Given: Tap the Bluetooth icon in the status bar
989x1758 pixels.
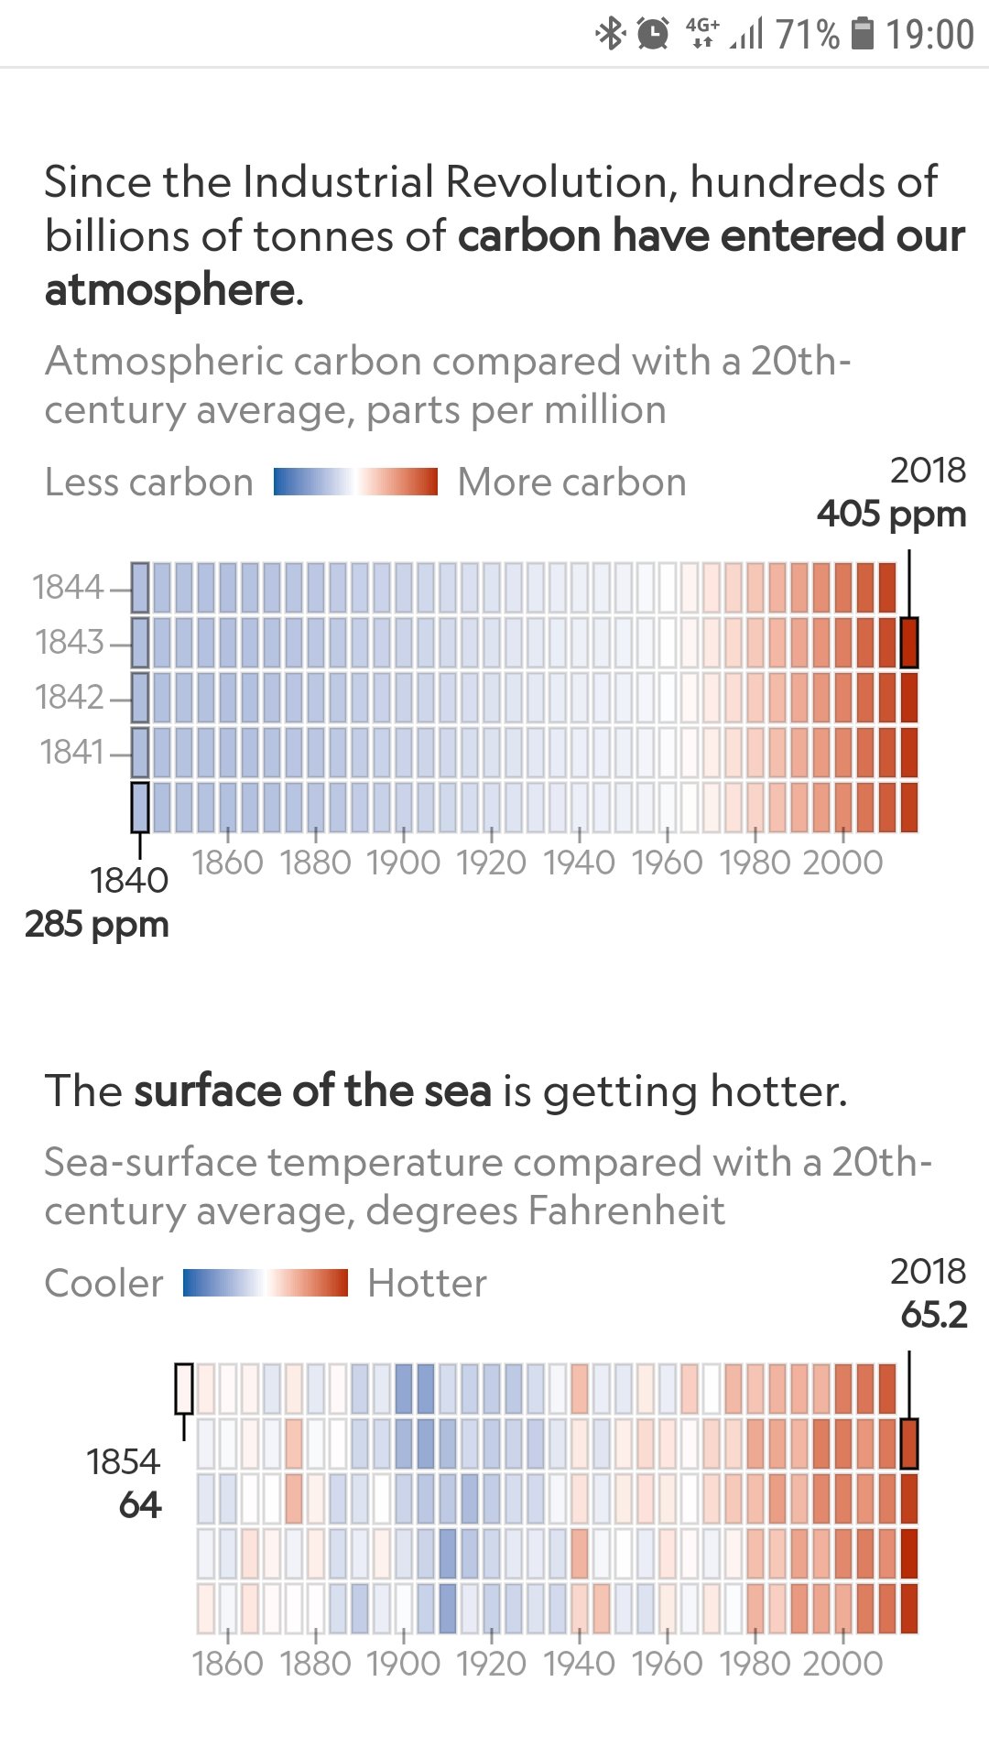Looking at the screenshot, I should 610,34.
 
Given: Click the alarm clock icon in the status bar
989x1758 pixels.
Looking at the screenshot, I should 653,34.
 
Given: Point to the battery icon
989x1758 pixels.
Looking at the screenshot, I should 862,34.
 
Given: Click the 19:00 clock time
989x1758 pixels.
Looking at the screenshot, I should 929,35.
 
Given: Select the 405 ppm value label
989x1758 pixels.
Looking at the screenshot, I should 891,514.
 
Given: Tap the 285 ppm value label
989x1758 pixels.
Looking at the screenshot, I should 97,924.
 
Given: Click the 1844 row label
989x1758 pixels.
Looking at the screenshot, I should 69,587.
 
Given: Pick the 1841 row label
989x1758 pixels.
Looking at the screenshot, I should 72,752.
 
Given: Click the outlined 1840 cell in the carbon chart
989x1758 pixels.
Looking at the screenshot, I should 140,807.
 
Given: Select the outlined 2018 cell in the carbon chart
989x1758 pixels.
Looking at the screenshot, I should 908,642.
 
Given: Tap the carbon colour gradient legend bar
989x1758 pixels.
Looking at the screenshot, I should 355,482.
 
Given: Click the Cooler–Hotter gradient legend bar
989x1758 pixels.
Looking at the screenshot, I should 266,1283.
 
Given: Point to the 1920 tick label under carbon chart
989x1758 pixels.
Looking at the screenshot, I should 492,863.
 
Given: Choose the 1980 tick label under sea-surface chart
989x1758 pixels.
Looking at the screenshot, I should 755,1664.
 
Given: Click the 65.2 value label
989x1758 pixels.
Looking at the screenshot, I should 933,1315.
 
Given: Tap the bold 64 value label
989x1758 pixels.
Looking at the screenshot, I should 139,1505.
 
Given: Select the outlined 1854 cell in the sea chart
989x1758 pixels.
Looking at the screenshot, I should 184,1388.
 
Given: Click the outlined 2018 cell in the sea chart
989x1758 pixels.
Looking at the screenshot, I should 908,1444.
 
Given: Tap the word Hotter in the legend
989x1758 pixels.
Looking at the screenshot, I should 427,1283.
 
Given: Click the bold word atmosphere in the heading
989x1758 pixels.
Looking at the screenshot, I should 169,290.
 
